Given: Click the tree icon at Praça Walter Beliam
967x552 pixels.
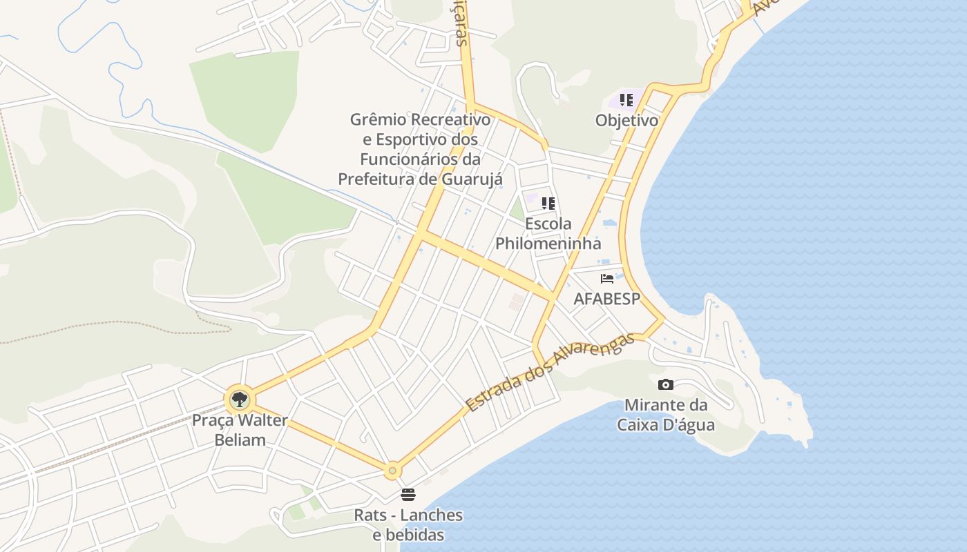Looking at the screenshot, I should pyautogui.click(x=240, y=399).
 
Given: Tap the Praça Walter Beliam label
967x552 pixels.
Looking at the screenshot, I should pyautogui.click(x=240, y=430).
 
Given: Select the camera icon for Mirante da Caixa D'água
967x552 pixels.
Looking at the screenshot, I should pyautogui.click(x=666, y=384).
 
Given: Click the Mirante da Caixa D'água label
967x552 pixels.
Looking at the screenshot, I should pyautogui.click(x=666, y=415).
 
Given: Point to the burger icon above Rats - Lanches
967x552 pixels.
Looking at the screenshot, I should pyautogui.click(x=408, y=495).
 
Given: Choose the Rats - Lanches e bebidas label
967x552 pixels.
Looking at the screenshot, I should pyautogui.click(x=408, y=524).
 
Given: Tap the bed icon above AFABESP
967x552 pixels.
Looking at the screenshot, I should pyautogui.click(x=607, y=279).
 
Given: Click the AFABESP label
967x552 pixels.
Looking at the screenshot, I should pyautogui.click(x=607, y=299).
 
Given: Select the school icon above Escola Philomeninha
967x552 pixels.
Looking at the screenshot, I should pyautogui.click(x=548, y=204).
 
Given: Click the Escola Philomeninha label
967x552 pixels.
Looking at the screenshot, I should pyautogui.click(x=548, y=233).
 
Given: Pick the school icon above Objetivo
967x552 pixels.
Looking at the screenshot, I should pyautogui.click(x=626, y=100).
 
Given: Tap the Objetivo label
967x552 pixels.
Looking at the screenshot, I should pyautogui.click(x=626, y=120).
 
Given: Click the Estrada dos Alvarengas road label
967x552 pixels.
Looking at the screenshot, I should pyautogui.click(x=550, y=373).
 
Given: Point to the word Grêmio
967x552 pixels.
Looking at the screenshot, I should pyautogui.click(x=380, y=119).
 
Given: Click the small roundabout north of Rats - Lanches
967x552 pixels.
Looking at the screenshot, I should pyautogui.click(x=392, y=471).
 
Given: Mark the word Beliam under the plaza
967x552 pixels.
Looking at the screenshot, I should pyautogui.click(x=240, y=440).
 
